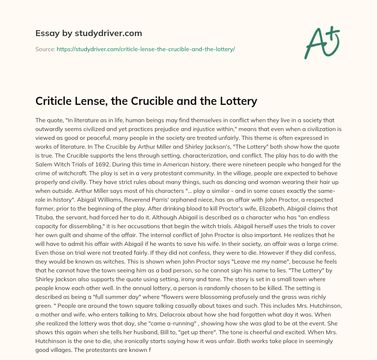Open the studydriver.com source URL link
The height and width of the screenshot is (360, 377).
146,49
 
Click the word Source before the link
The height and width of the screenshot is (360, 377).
45,49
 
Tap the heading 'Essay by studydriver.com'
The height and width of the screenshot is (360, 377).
89,33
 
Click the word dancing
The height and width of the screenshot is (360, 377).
198,181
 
